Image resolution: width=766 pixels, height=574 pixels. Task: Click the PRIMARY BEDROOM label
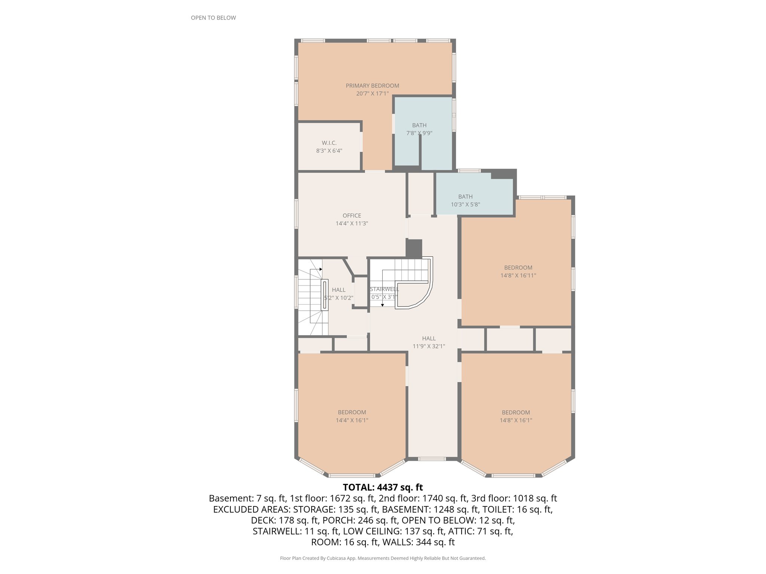point(372,86)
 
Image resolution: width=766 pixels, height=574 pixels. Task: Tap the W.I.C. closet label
point(329,143)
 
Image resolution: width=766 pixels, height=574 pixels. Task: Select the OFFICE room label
point(352,216)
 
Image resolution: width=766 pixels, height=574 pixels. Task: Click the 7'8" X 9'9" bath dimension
point(419,133)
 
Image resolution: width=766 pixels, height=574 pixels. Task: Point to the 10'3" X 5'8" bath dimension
point(465,204)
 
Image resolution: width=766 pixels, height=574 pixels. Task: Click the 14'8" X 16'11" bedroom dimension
point(518,275)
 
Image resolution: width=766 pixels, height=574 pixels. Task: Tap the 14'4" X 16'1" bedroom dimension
point(352,420)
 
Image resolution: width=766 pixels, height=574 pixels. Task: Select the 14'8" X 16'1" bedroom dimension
point(516,420)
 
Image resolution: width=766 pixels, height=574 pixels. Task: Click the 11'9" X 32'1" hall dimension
point(429,346)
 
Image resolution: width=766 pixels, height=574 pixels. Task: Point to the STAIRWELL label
point(384,289)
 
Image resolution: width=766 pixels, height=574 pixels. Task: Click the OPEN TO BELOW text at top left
point(213,18)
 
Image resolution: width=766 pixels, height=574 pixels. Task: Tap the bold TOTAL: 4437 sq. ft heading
point(383,487)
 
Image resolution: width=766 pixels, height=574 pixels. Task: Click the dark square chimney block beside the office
point(414,248)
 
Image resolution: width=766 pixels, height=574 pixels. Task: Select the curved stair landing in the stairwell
point(413,295)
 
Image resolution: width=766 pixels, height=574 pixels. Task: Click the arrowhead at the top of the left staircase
point(321,269)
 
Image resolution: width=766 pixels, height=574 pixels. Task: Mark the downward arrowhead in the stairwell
point(382,305)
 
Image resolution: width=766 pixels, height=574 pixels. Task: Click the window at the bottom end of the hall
point(432,459)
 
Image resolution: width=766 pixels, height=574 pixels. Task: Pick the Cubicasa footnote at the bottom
point(383,558)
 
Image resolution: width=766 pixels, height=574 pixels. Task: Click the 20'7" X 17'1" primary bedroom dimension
point(372,93)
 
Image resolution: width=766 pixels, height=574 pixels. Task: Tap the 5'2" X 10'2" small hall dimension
point(338,298)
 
